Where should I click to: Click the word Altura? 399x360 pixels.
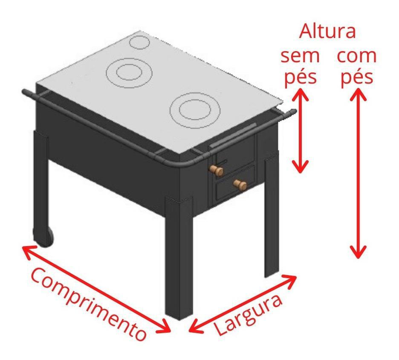click(x=327, y=31)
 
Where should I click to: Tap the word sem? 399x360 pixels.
click(x=300, y=56)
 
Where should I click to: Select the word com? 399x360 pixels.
click(x=356, y=56)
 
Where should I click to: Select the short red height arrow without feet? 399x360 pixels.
click(x=300, y=131)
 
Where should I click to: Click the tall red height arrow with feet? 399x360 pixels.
click(x=358, y=173)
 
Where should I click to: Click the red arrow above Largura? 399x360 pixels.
click(x=243, y=303)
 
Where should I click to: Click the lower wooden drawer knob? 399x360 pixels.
click(x=240, y=184)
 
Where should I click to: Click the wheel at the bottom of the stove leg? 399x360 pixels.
click(x=43, y=237)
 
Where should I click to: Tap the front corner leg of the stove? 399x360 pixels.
click(x=179, y=257)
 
